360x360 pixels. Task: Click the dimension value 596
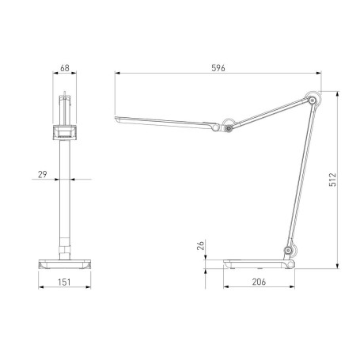click(x=218, y=68)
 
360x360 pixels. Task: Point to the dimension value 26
click(x=201, y=247)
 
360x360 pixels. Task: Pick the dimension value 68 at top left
click(x=66, y=68)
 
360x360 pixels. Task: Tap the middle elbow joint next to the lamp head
click(x=229, y=125)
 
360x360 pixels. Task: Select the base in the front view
click(x=66, y=262)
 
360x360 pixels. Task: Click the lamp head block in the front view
click(x=66, y=133)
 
